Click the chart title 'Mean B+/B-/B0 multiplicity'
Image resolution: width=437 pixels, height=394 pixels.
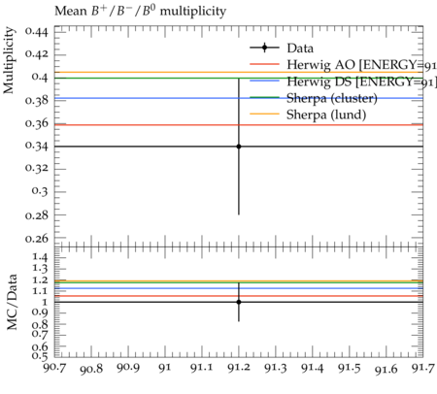[140, 11]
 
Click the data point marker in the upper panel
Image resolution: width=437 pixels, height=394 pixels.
[239, 147]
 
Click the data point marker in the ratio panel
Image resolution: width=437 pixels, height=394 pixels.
[239, 302]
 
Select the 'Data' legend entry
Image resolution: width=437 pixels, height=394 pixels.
[282, 48]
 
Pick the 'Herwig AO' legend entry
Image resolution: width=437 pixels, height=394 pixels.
[343, 65]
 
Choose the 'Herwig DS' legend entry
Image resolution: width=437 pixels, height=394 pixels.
[343, 82]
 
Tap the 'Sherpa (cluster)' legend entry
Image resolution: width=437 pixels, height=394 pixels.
[314, 98]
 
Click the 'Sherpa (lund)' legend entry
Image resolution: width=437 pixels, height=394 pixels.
[308, 115]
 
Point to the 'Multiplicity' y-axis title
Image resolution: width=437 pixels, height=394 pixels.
[9, 60]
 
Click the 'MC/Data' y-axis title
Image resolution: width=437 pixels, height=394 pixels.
[12, 302]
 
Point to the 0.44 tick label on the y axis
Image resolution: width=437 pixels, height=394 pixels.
[37, 32]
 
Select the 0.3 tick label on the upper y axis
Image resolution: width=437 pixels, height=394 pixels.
[40, 191]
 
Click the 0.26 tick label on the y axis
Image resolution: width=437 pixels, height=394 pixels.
[37, 239]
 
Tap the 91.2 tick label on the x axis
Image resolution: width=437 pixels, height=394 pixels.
[239, 368]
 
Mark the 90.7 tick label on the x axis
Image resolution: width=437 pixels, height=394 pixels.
[54, 368]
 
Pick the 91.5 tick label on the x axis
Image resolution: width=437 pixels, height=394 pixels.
[350, 368]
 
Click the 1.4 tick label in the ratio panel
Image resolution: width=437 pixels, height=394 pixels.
[40, 257]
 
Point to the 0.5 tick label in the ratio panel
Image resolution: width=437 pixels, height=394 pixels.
[40, 356]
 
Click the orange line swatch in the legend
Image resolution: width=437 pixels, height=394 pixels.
[264, 114]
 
